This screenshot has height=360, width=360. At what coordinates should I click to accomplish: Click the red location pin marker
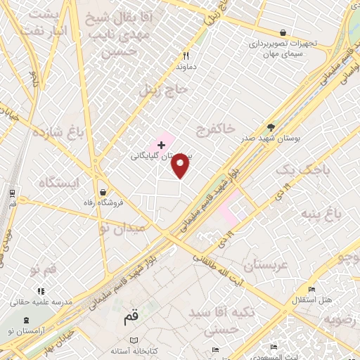click(181, 165)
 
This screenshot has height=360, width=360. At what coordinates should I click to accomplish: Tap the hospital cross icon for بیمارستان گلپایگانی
click(161, 146)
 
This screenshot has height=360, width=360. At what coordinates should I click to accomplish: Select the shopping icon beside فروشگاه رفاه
click(103, 192)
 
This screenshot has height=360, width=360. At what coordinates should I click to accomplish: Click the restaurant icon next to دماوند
click(186, 56)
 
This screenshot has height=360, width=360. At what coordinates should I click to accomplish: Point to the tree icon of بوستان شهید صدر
click(271, 127)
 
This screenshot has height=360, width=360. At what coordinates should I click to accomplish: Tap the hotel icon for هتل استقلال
click(312, 289)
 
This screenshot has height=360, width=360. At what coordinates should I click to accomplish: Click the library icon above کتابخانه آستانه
click(134, 340)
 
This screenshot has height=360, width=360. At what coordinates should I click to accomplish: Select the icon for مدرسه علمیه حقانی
click(41, 290)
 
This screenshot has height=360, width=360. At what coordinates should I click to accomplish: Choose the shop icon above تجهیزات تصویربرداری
click(283, 32)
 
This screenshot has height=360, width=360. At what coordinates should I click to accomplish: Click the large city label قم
click(131, 317)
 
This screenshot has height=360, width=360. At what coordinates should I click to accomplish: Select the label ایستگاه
click(60, 184)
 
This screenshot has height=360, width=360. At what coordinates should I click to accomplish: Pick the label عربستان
click(266, 265)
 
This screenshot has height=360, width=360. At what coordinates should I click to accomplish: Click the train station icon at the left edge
click(12, 193)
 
